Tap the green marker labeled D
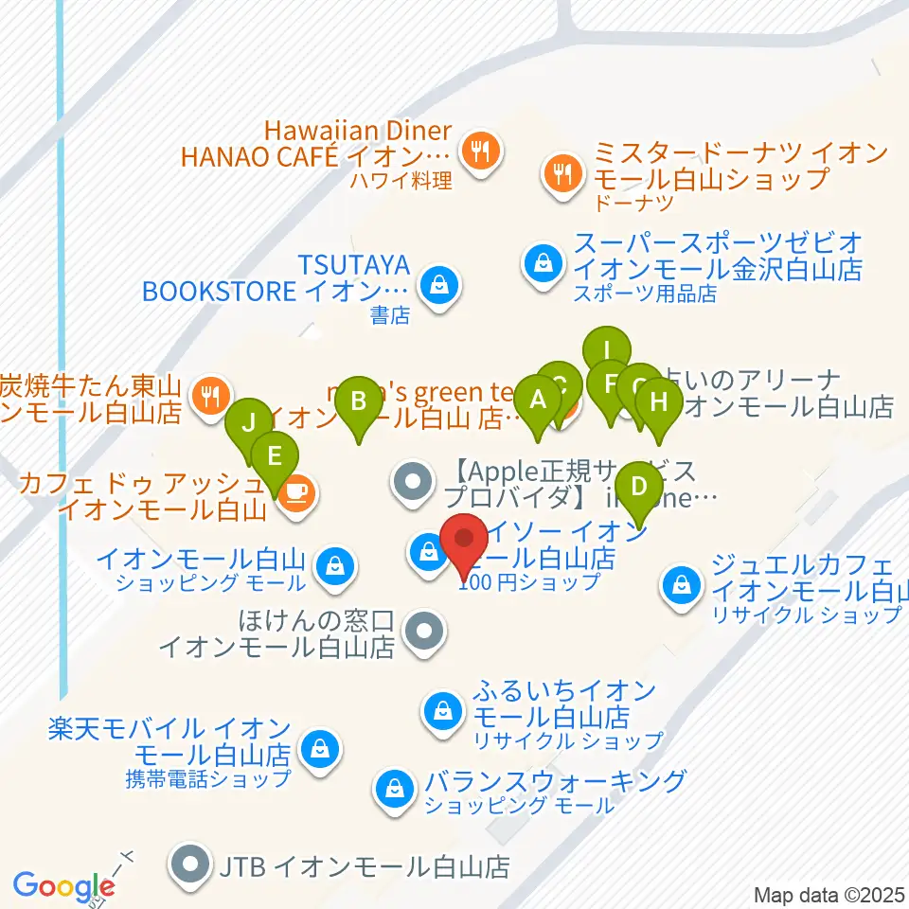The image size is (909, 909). coord(640,489)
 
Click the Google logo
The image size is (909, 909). coord(63,887)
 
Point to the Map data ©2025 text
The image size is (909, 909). coord(829,895)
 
